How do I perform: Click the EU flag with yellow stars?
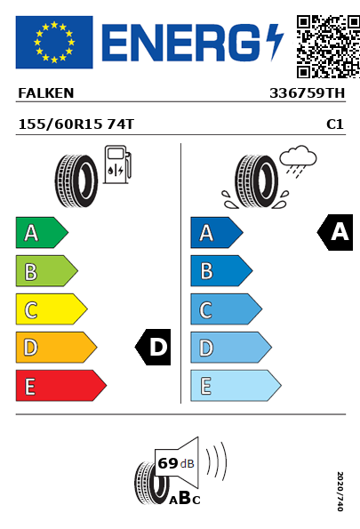tap(54, 42)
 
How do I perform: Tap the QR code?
tap(328, 46)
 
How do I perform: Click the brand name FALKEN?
tap(46, 93)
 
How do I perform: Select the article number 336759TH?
tap(307, 93)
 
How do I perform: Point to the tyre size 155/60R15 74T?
tap(76, 124)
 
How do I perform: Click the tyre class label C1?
tap(335, 124)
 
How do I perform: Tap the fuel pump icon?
tap(117, 164)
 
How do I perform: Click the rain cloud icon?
tap(298, 161)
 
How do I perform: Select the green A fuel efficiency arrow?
tap(42, 232)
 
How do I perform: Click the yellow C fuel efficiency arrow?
tap(52, 309)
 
